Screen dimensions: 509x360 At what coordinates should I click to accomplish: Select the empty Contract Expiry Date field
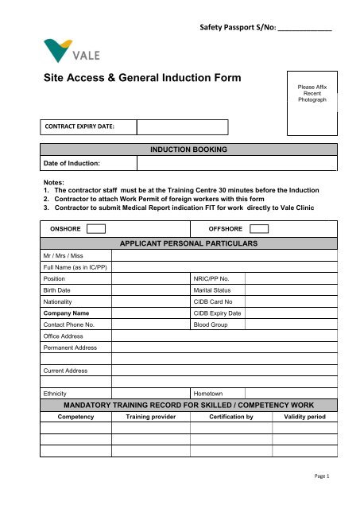[x=182, y=127]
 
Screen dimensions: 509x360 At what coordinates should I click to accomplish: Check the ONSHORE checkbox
[x=96, y=229]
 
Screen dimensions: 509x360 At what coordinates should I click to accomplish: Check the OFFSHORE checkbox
[x=254, y=229]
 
